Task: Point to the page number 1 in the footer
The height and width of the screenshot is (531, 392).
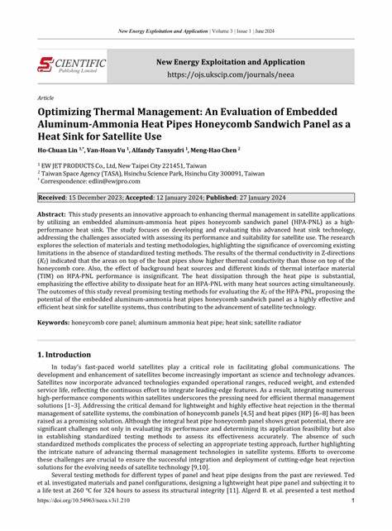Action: coord(353,523)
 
